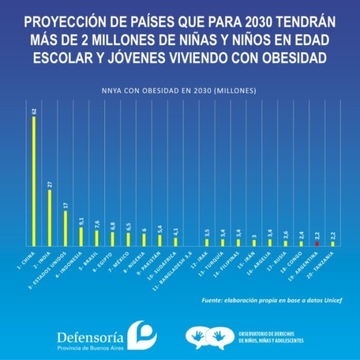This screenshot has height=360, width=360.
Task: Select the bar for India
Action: pos(50,218)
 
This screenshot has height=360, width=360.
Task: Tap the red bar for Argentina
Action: pos(317,244)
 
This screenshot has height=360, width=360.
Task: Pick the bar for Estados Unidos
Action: pos(65,229)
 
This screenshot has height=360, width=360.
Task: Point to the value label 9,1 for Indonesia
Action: pos(81,220)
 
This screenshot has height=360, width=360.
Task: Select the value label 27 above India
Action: pos(50,184)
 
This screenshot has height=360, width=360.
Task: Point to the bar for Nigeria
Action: pos(144,239)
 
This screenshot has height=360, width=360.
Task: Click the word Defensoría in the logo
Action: pos(91,336)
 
